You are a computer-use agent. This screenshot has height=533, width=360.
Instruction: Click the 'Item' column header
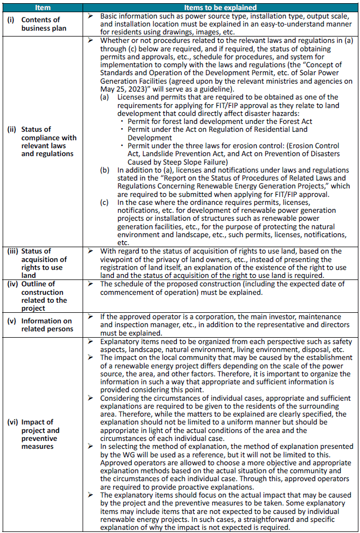tap(42, 8)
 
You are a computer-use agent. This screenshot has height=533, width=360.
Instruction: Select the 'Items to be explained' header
tap(220, 8)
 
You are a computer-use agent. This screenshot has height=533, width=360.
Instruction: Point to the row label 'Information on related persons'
tap(47, 325)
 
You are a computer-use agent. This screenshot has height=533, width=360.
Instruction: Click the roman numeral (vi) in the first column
tap(12, 422)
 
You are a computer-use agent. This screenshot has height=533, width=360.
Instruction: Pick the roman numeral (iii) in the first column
tap(13, 251)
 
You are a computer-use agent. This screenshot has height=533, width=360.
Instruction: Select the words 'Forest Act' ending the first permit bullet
tap(294, 121)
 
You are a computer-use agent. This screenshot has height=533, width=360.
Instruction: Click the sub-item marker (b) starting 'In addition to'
tap(106, 170)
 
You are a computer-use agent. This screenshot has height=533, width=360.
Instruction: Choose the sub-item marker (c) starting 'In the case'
tap(106, 202)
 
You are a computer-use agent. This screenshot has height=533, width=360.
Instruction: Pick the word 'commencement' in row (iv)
tap(125, 292)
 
